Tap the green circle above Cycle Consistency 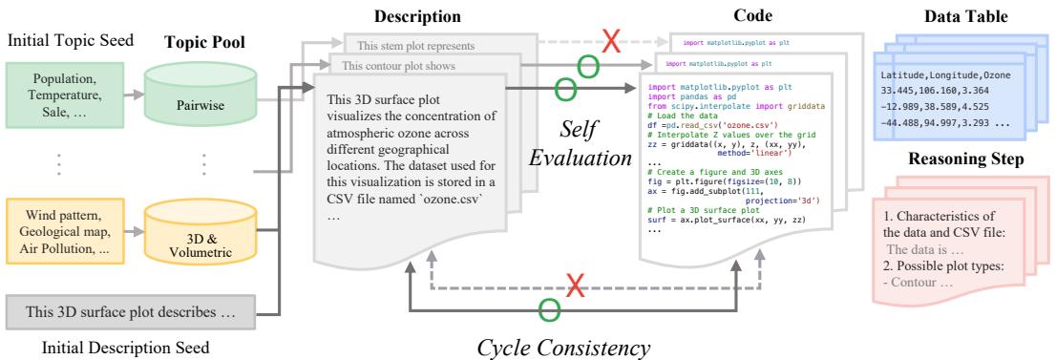point(546,307)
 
